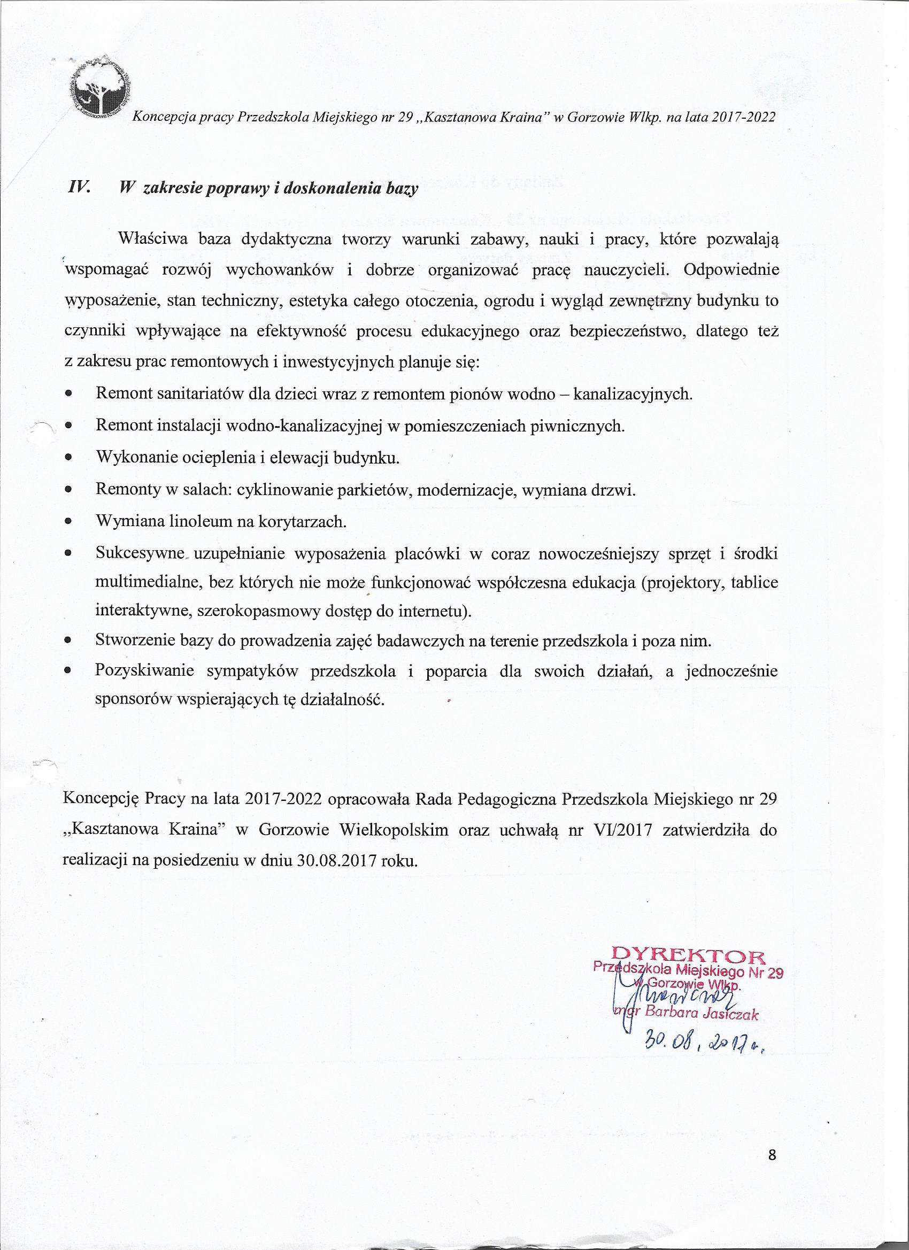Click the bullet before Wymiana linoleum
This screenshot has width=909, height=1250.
tap(68, 521)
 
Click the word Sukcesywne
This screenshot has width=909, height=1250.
tap(139, 553)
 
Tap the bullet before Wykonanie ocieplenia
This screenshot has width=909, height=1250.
tap(68, 458)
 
